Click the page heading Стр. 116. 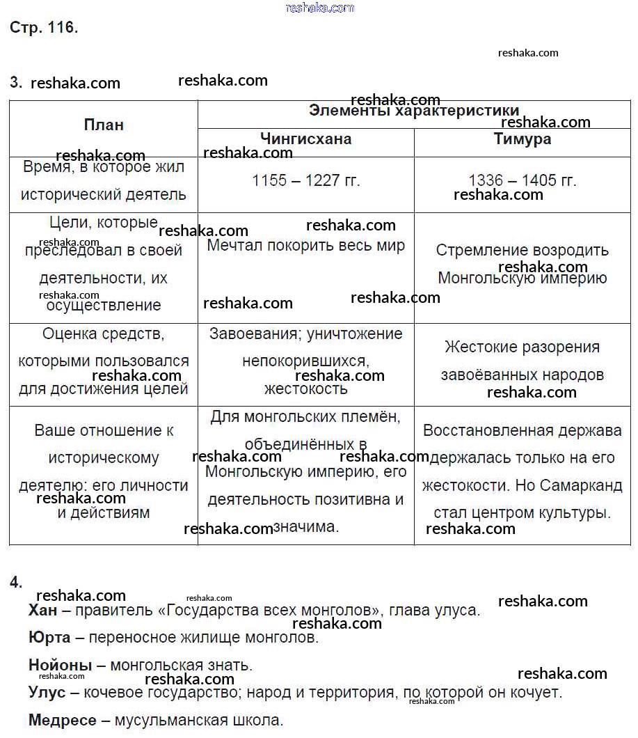(44, 29)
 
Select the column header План (104, 125)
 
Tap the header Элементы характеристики (414, 111)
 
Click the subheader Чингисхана (305, 139)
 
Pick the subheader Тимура (522, 139)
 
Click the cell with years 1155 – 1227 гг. (305, 180)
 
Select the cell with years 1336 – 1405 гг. (522, 180)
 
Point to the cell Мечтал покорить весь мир (305, 246)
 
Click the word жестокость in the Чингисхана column (305, 388)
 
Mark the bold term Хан (43, 611)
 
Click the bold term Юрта (49, 637)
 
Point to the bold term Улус (47, 693)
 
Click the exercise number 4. (16, 583)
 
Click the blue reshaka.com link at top (319, 8)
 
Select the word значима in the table (306, 527)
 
